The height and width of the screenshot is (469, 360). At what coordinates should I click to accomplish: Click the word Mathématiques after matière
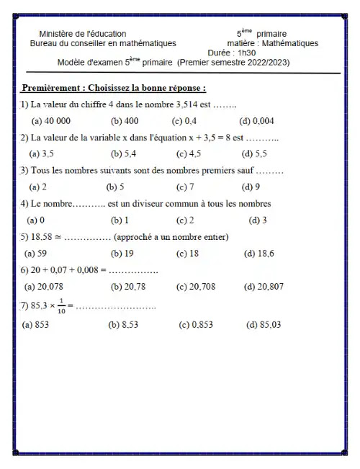tap(291, 43)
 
